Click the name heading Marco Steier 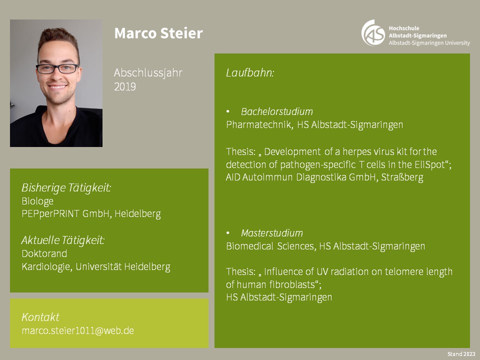point(158,33)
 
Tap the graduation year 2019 point(125,87)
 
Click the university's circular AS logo point(373,33)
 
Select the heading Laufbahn point(250,73)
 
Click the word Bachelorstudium point(276,111)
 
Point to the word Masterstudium point(272,233)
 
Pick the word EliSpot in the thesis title point(431,164)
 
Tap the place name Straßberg point(402,177)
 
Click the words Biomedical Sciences point(271,246)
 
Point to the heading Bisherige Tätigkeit point(66,187)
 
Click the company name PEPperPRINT point(50,213)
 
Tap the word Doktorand point(44,253)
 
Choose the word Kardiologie point(47,266)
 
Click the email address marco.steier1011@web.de point(78,330)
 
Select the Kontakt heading point(40,317)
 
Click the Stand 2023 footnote point(461,354)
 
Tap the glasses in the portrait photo point(57,68)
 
